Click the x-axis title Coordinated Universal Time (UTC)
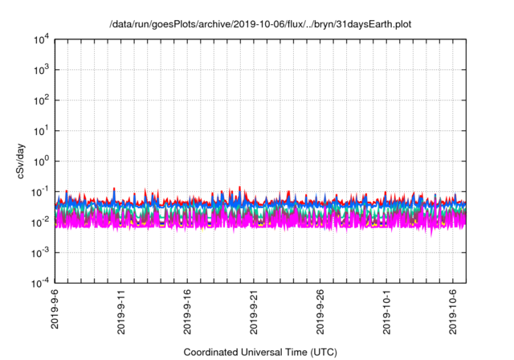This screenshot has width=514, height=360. [261, 352]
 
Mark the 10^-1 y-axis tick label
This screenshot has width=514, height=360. [39, 191]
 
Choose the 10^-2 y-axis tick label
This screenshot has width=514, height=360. [39, 222]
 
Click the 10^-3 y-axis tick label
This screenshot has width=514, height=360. [39, 252]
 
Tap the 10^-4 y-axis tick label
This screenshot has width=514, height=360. [39, 282]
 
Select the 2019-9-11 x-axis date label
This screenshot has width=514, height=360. [121, 313]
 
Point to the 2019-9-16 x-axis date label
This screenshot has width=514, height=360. [188, 313]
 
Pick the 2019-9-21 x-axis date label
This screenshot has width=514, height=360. [255, 313]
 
